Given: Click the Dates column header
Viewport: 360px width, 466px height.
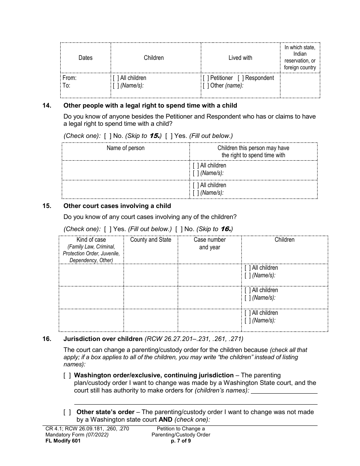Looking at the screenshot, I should coord(85,58).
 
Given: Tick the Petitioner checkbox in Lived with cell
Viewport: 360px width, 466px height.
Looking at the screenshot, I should coord(206,78).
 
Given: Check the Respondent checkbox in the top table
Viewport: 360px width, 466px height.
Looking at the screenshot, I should coord(241,78).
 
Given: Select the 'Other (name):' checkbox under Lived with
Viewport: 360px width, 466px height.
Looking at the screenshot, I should coord(206,86).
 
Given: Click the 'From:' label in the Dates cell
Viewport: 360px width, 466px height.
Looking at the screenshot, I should coord(69,78).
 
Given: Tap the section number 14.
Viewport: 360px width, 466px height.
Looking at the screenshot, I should coord(46,105).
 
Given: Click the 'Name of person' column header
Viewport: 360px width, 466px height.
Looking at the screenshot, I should coord(125,148).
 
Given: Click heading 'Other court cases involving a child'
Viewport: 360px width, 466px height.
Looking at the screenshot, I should coord(117,206).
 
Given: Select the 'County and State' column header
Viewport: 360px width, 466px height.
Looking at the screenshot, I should coord(150,240).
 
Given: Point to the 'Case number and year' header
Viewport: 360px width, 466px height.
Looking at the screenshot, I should coord(210,243).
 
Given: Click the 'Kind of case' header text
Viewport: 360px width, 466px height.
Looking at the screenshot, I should coord(91,240).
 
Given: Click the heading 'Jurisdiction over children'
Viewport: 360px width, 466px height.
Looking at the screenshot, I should coord(103,339).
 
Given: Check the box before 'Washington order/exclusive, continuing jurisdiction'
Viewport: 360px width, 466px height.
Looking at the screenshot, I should coord(67,375).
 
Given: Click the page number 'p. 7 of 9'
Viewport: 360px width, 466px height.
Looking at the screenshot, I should coord(181,441).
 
